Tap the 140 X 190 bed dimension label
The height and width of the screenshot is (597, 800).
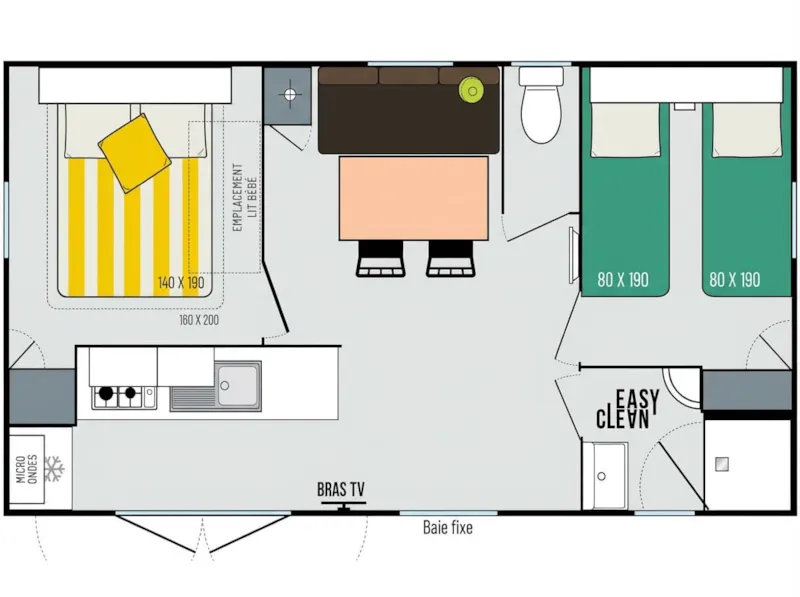(x=180, y=283)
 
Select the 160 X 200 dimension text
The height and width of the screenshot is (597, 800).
(x=199, y=320)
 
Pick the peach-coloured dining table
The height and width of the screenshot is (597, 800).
(x=413, y=197)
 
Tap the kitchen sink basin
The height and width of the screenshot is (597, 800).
(x=238, y=383)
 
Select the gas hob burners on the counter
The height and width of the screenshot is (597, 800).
(x=116, y=397)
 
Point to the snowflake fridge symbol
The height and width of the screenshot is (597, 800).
(x=57, y=467)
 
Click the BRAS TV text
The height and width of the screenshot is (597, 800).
(x=341, y=490)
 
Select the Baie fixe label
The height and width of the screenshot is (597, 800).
(x=447, y=527)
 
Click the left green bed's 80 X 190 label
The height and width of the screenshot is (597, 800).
(x=623, y=279)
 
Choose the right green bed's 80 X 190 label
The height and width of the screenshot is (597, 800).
(x=735, y=279)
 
